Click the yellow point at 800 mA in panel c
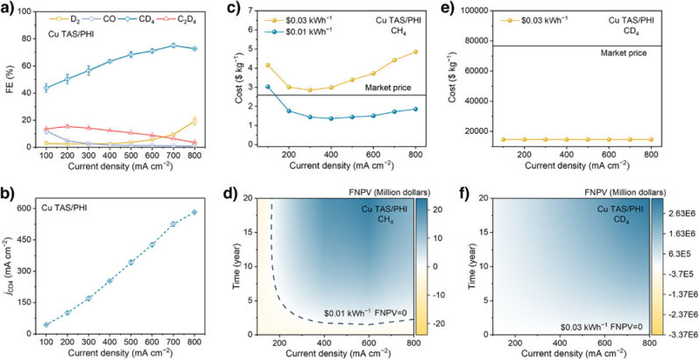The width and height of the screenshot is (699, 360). [x=414, y=52]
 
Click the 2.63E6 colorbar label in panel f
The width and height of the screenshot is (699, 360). [x=680, y=212]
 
